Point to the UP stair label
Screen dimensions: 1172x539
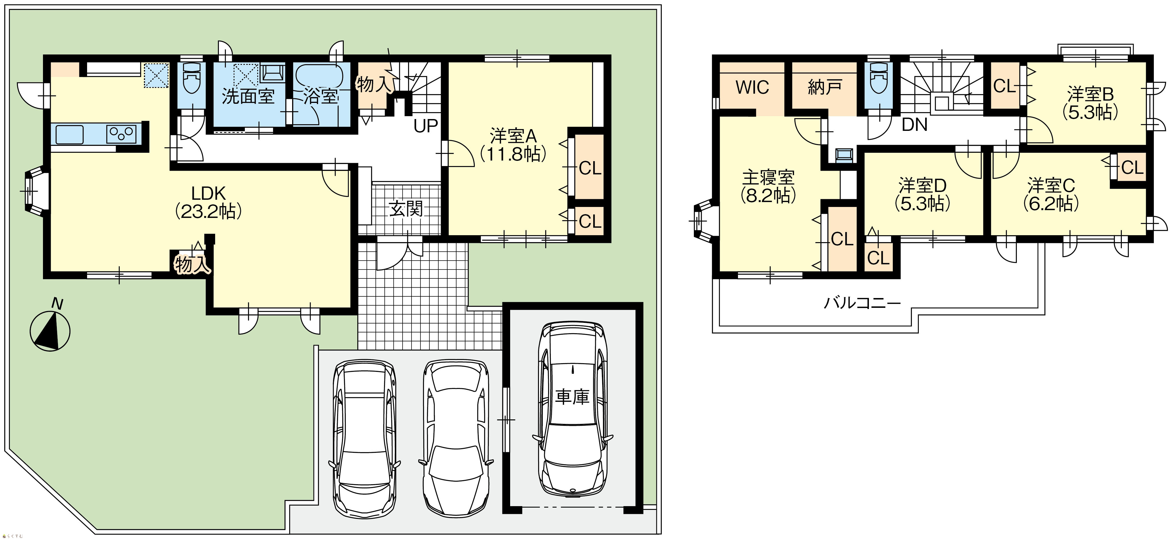pyautogui.click(x=426, y=126)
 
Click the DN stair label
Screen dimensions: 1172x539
pyautogui.click(x=914, y=125)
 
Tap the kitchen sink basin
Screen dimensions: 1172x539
pyautogui.click(x=70, y=135)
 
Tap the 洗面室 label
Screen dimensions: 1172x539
pyautogui.click(x=248, y=97)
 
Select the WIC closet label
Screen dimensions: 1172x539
pyautogui.click(x=752, y=87)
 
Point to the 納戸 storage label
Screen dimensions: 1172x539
pyautogui.click(x=825, y=87)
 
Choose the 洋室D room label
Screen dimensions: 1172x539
pyautogui.click(x=923, y=186)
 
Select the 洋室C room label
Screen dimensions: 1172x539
pyautogui.click(x=1051, y=186)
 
